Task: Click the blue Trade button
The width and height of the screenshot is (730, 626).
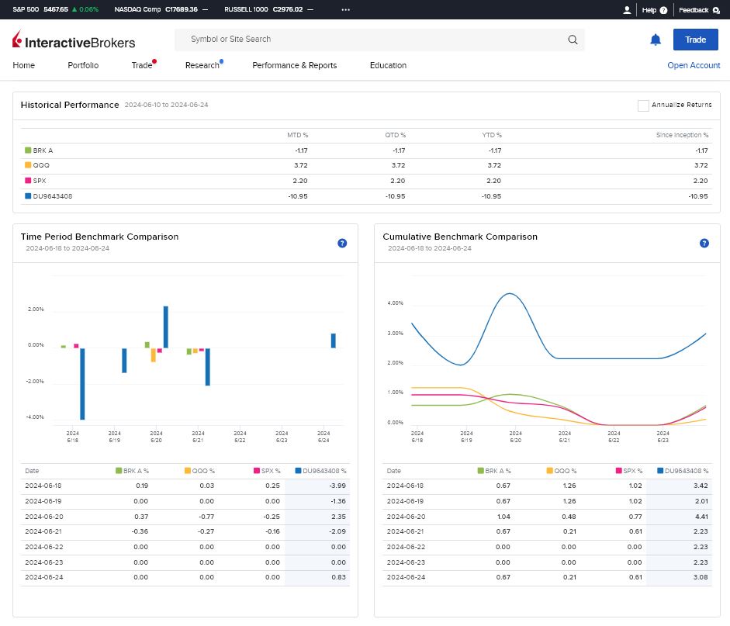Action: coord(695,40)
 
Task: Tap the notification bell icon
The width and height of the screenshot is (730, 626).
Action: coord(655,40)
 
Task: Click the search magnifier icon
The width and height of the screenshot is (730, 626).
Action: coord(573,40)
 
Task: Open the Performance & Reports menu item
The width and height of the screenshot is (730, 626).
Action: coord(294,65)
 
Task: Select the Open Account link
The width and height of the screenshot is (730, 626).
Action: coord(694,65)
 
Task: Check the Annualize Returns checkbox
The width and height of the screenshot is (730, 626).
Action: coord(643,105)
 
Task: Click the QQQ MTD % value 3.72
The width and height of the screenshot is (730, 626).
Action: coord(301,165)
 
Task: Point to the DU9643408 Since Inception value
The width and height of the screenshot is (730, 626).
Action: coord(698,196)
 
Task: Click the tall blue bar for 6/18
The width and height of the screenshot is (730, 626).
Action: coord(82,384)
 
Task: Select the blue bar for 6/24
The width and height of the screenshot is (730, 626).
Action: coord(334,341)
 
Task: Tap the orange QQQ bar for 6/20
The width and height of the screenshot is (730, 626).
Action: coord(153,355)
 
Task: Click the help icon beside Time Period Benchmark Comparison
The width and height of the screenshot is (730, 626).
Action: coord(342,243)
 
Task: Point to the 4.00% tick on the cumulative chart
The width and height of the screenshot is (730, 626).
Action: coord(396,303)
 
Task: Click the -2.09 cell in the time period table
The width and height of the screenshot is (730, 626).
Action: coord(337,531)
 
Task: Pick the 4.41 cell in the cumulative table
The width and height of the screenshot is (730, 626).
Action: coord(701,517)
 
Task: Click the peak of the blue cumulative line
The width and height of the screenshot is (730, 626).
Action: coord(510,293)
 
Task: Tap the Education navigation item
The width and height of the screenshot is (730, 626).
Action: coord(389,65)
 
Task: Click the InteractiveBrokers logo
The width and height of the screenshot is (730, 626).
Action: coord(74,40)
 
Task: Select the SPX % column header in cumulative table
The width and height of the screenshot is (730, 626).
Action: coord(629,471)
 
